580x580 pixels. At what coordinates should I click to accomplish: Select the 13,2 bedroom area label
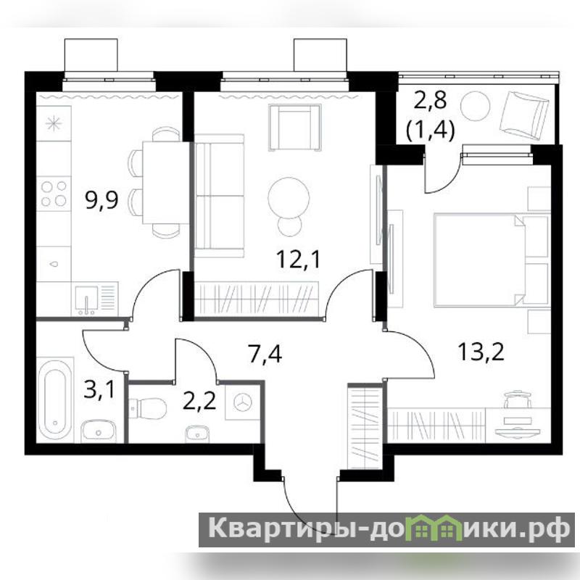click(x=481, y=352)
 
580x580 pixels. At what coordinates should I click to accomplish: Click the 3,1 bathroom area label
click(x=100, y=390)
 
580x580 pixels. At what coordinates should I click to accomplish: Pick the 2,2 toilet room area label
click(x=199, y=401)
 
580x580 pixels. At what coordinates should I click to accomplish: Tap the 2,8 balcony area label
click(x=430, y=101)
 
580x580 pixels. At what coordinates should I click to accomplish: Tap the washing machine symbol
click(x=243, y=402)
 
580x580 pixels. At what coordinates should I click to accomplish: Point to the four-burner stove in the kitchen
click(x=54, y=194)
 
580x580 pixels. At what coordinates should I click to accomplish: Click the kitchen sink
click(x=86, y=299)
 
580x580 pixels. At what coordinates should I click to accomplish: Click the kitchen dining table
click(x=167, y=183)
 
